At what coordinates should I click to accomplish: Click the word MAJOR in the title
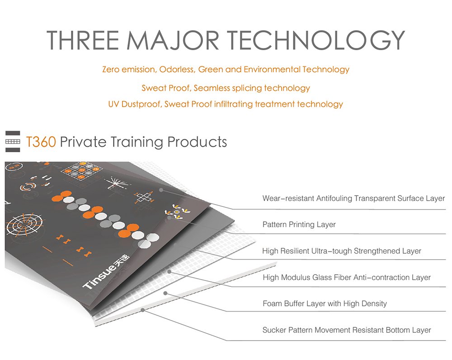(173, 40)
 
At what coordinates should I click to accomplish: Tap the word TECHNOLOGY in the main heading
(316, 40)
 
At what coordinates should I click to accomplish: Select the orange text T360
(41, 142)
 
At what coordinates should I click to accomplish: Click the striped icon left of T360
(13, 141)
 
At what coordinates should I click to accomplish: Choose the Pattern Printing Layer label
(299, 224)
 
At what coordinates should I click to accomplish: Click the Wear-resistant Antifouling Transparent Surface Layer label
(353, 198)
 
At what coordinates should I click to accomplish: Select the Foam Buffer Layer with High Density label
(325, 303)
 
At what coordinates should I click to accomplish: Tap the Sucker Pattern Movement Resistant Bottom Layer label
(347, 330)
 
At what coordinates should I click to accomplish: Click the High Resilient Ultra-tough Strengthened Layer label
(342, 251)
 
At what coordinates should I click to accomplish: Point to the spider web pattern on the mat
(24, 224)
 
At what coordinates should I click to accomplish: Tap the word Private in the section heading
(83, 142)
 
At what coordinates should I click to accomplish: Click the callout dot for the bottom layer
(143, 310)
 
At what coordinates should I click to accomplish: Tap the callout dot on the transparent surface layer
(161, 190)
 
